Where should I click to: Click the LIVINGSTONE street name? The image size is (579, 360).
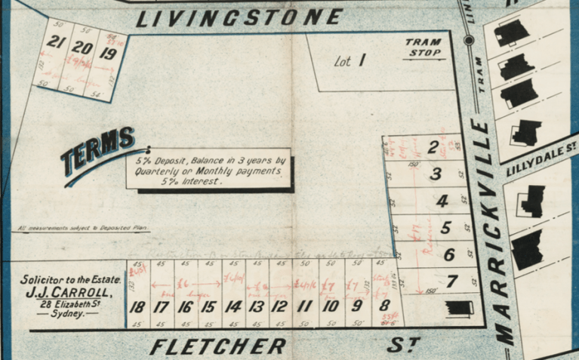[x=239, y=17]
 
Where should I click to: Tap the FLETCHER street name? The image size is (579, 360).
[x=217, y=346]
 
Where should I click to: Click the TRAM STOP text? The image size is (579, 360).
[x=423, y=48]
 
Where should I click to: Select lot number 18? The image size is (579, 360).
[x=137, y=307]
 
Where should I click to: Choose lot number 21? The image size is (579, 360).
[x=54, y=42]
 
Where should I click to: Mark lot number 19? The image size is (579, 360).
[x=108, y=54]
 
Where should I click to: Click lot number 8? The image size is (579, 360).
[x=384, y=306]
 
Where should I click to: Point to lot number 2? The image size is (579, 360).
[x=433, y=148]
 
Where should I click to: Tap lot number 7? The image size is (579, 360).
[x=451, y=282]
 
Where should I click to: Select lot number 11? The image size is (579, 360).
[x=304, y=307]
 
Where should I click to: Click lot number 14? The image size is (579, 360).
[x=233, y=307]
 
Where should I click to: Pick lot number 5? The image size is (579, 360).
[x=446, y=227]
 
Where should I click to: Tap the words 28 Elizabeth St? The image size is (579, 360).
[x=68, y=303]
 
